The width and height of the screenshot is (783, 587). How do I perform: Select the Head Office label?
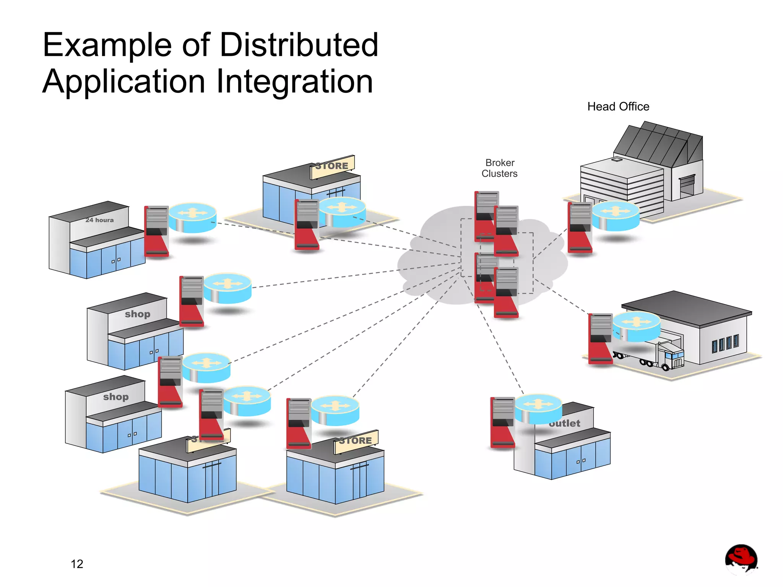pos(618,107)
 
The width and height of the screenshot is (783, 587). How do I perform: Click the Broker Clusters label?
pos(499,168)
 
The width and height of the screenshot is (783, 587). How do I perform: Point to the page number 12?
pos(77,564)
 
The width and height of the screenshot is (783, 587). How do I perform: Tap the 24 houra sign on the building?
pos(99,220)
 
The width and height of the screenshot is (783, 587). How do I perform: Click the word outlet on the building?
pos(565,423)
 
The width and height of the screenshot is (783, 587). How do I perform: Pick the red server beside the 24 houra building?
pos(156,231)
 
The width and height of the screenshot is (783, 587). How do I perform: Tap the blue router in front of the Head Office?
pos(616,216)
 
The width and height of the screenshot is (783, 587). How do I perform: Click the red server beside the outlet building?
pos(502,422)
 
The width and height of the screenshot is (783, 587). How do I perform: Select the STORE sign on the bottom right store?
pos(356,441)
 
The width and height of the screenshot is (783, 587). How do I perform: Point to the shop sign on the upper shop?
pos(138,314)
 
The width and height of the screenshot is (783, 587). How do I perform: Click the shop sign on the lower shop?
pos(116,397)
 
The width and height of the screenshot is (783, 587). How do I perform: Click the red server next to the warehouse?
pos(600,338)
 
